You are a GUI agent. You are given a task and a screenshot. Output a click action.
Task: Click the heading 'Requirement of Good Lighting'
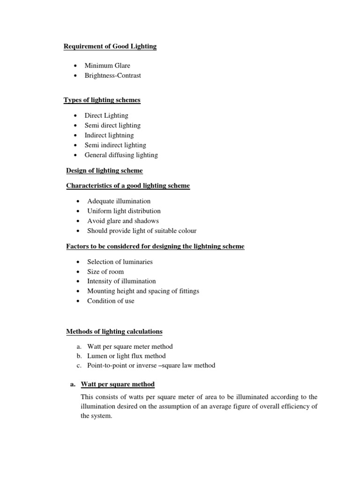[110, 46]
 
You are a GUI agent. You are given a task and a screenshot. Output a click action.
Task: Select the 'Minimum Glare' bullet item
[107, 66]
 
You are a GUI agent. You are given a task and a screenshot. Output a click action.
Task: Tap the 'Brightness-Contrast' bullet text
[112, 75]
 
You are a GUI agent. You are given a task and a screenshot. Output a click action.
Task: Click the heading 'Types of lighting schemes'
[102, 100]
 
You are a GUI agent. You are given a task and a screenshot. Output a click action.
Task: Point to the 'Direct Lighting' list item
[106, 115]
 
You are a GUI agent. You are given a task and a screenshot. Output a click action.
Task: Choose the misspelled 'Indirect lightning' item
[109, 135]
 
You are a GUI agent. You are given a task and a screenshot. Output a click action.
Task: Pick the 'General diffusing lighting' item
[121, 155]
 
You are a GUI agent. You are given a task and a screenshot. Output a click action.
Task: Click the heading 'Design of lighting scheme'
[105, 170]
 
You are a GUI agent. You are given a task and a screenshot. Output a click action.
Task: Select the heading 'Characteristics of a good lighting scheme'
[128, 186]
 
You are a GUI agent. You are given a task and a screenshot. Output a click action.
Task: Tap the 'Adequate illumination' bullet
[119, 201]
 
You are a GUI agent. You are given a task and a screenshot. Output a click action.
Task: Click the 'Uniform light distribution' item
[124, 211]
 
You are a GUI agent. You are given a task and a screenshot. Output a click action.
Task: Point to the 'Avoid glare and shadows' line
[123, 221]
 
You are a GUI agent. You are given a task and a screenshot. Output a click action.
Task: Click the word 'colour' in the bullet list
[187, 231]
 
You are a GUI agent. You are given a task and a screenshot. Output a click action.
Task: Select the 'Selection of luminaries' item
[120, 262]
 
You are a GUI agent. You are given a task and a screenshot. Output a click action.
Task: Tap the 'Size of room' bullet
[105, 271]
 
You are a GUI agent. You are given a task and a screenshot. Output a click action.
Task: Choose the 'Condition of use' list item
[111, 301]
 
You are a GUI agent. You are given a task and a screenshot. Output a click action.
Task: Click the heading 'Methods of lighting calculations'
[114, 331]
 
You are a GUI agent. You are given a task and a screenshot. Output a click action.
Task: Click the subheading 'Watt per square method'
[118, 384]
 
